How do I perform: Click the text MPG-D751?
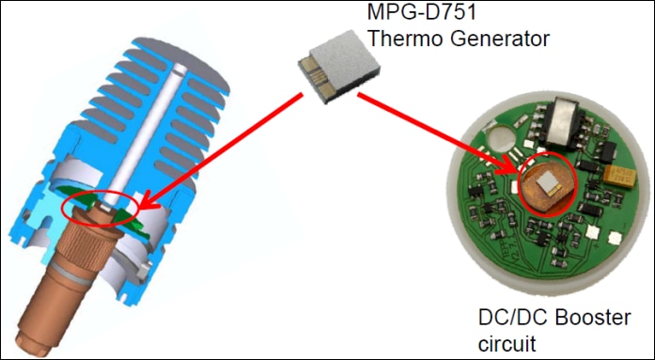point(422,11)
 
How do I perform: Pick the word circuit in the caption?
point(507,344)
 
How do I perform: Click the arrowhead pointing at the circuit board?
point(508,165)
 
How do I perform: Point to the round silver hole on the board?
point(500,139)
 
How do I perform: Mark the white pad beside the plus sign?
point(593,231)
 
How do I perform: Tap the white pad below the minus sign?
point(615,239)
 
